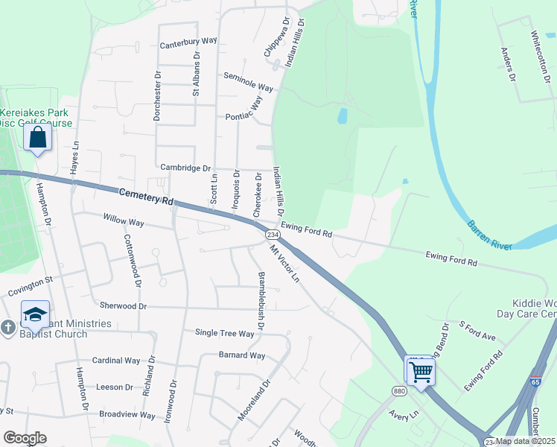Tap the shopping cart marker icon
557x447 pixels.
[421, 370]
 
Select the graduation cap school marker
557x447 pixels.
[34, 316]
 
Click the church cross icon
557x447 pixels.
[7, 328]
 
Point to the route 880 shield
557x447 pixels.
[399, 390]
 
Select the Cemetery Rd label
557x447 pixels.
[145, 197]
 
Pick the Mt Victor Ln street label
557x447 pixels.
[284, 264]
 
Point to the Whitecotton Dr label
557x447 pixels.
[535, 51]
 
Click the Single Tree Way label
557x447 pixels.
[224, 333]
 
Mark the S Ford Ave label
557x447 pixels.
[477, 332]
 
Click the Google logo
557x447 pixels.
[25, 438]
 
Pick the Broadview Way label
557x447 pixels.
[127, 414]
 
